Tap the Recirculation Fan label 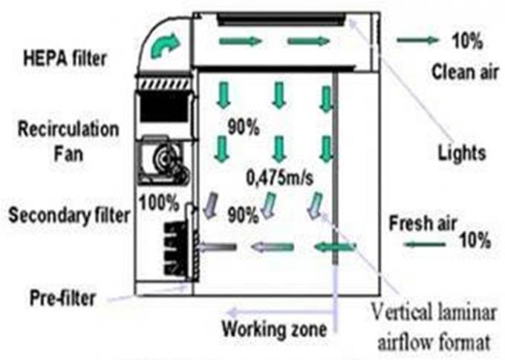68,139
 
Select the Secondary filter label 69,216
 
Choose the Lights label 461,153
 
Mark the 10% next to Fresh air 474,240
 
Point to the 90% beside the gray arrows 242,215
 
